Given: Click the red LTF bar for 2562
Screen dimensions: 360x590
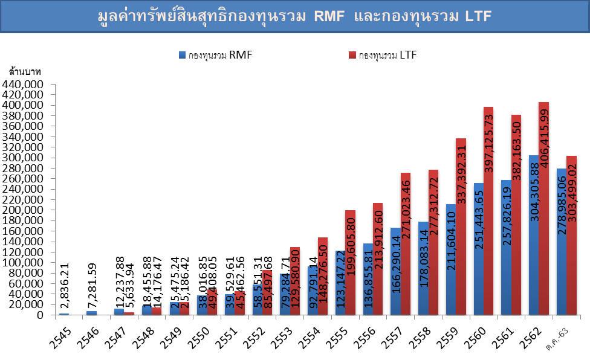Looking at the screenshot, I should tap(543, 208).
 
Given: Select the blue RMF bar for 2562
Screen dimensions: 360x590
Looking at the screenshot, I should tap(533, 235).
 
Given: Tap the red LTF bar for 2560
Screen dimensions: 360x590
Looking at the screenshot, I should tap(488, 211).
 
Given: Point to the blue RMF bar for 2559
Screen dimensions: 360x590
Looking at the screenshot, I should tap(450, 259).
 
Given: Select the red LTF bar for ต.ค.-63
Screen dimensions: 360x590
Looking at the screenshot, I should tap(571, 235).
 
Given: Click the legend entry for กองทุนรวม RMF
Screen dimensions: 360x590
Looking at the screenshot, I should tap(215, 55).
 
